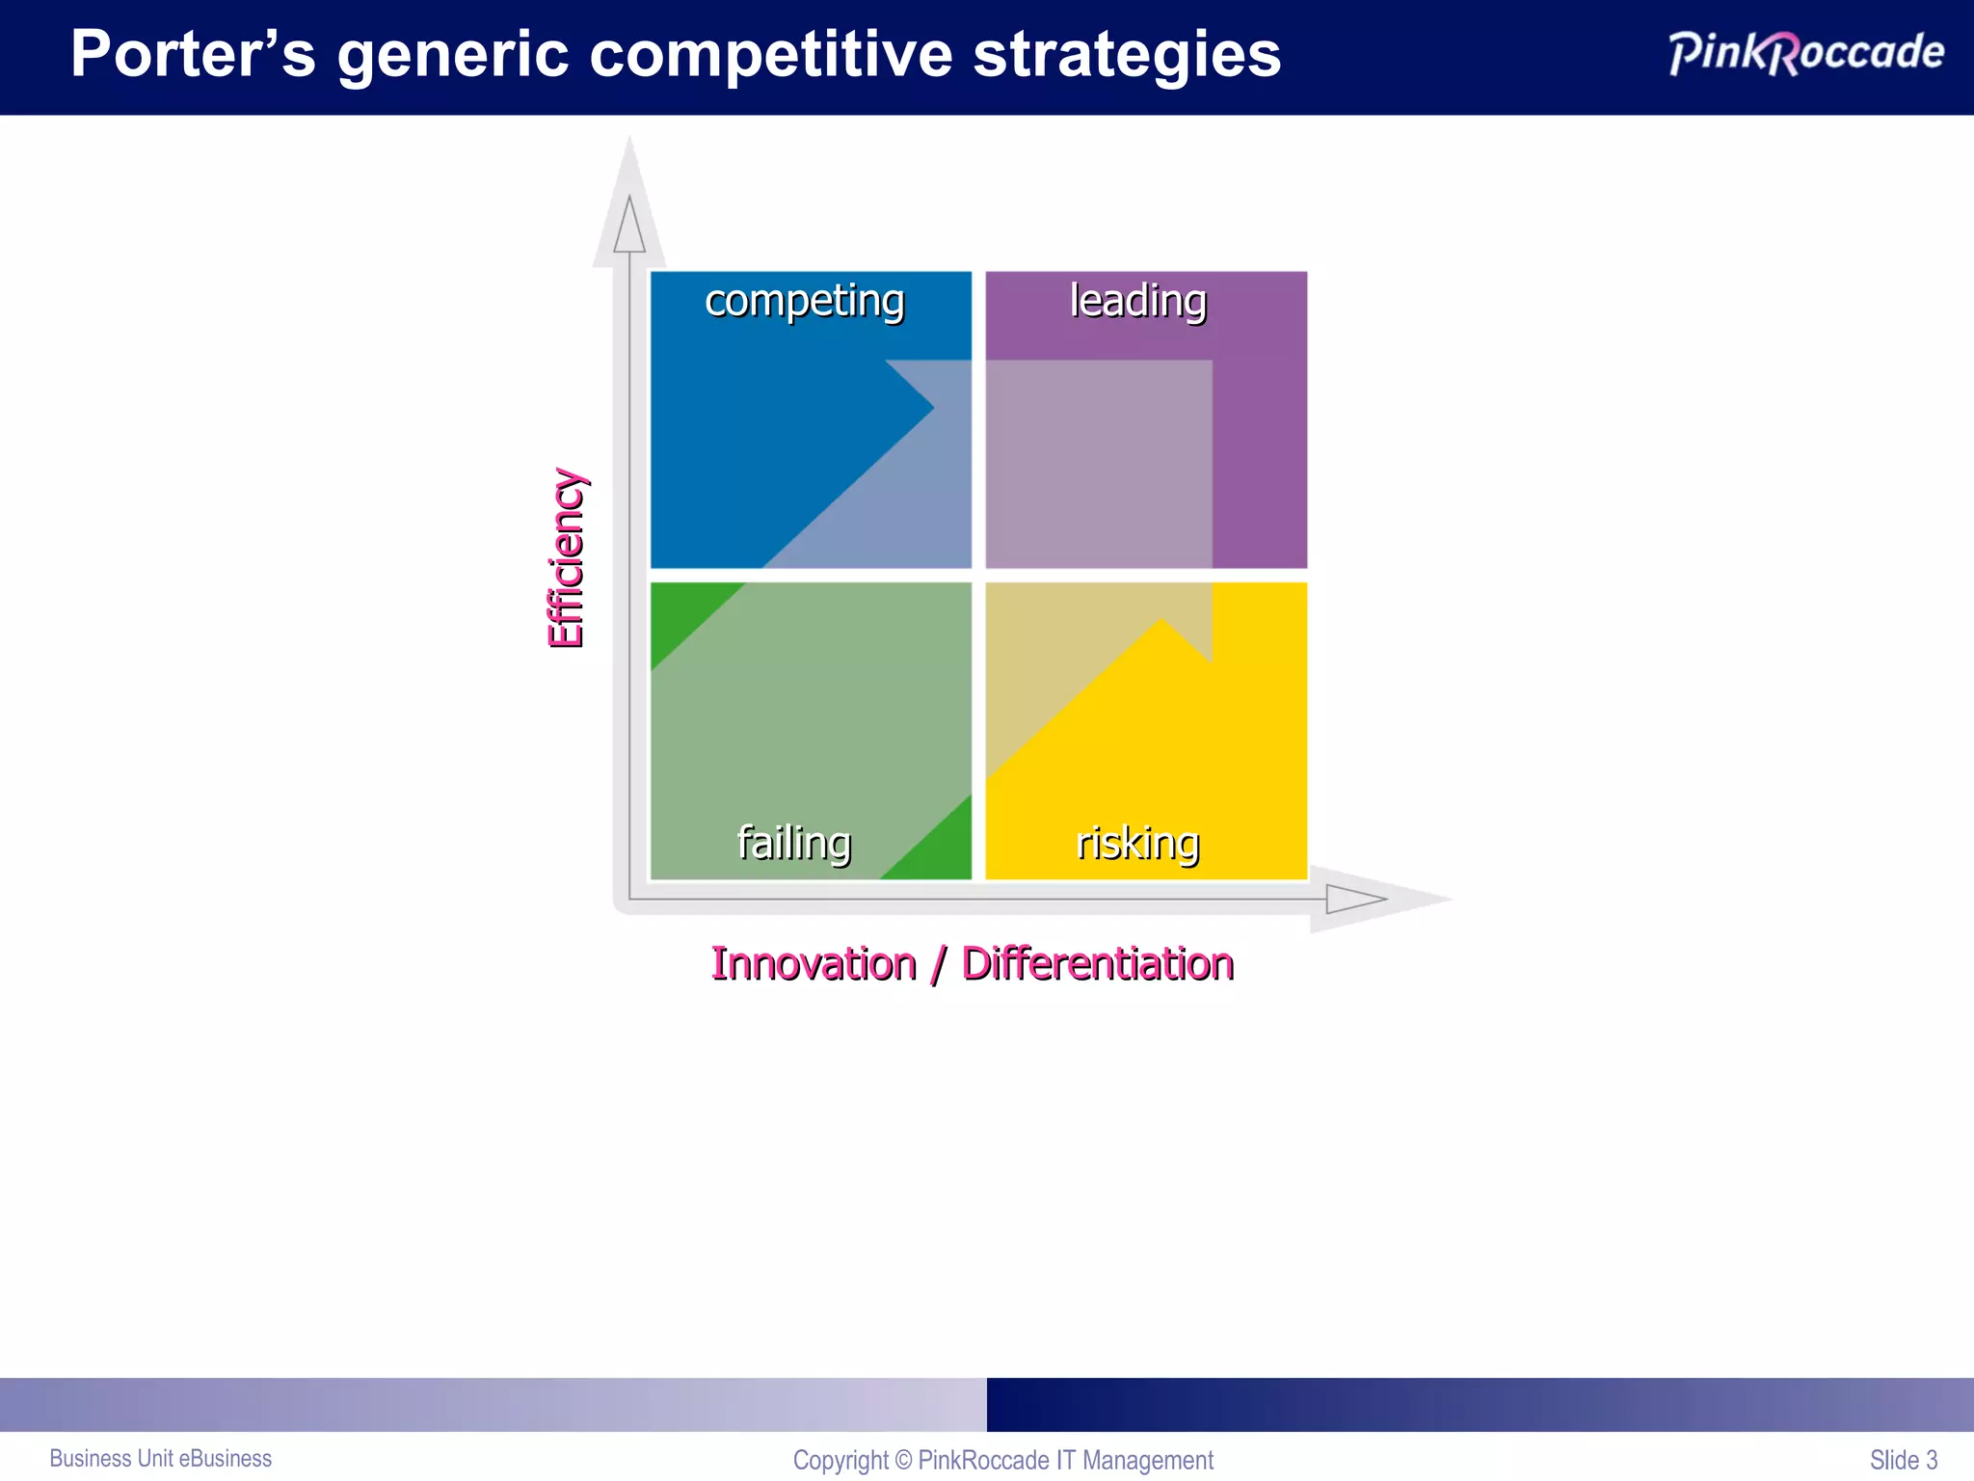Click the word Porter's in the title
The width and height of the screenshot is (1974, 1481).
click(x=193, y=54)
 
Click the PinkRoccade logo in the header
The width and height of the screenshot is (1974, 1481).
click(x=1806, y=52)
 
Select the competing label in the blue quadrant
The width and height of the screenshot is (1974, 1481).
click(x=805, y=302)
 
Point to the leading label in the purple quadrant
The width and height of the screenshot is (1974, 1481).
click(x=1138, y=301)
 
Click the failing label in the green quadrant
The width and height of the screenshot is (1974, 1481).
click(x=794, y=843)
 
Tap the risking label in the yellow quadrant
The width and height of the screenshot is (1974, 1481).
click(x=1137, y=843)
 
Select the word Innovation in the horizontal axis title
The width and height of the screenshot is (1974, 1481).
click(x=814, y=964)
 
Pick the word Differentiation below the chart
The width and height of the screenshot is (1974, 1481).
click(x=1098, y=964)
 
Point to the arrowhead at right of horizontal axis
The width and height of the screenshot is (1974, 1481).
click(x=1354, y=900)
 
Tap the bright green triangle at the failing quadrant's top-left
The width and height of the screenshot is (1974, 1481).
click(x=680, y=613)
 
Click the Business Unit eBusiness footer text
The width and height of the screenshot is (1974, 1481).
click(x=161, y=1459)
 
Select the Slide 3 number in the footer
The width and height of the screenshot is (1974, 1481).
click(x=1903, y=1460)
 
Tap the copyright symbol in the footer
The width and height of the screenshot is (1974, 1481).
click(x=903, y=1460)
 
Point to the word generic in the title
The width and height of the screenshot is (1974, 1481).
click(x=452, y=56)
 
